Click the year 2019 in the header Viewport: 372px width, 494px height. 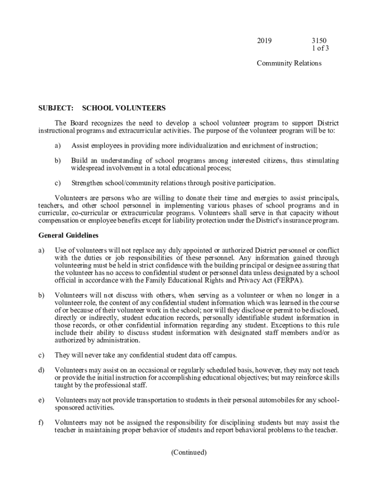pos(264,41)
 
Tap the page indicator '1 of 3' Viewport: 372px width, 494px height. pos(321,48)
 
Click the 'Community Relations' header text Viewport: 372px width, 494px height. pos(289,63)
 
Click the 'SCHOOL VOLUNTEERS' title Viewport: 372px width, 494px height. pos(124,108)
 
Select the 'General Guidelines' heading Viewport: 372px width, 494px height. pos(68,236)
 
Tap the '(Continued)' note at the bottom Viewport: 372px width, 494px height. pos(189,453)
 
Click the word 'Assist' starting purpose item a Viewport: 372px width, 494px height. pos(80,146)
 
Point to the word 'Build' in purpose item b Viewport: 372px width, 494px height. pos(79,160)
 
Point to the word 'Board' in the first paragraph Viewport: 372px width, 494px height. pos(79,123)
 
